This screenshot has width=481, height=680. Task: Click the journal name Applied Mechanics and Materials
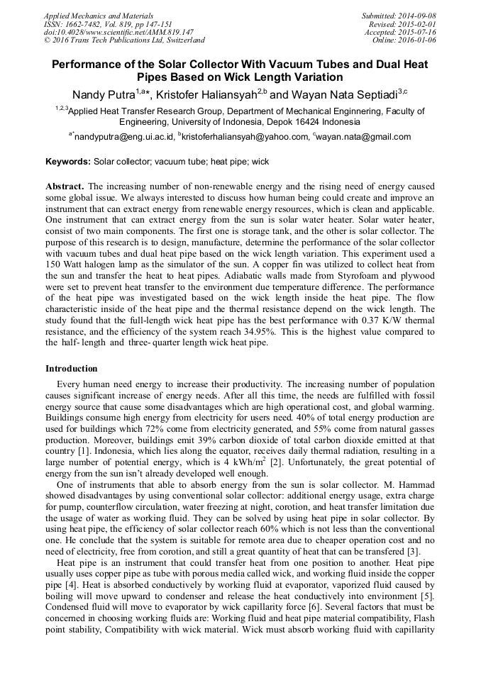click(x=98, y=16)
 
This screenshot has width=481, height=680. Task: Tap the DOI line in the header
click(x=118, y=32)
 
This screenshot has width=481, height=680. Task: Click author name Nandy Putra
click(x=104, y=95)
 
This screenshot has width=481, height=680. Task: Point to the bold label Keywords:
click(x=68, y=162)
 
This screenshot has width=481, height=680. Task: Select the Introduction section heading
click(x=72, y=369)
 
